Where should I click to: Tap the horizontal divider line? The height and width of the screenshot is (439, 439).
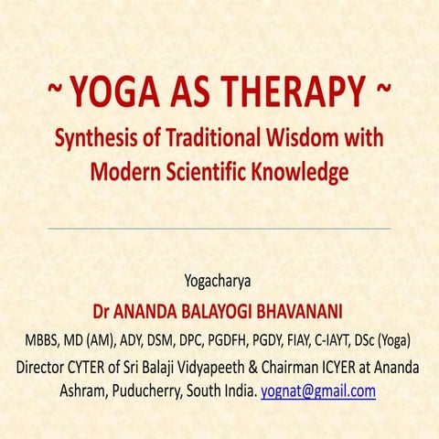pos(219,228)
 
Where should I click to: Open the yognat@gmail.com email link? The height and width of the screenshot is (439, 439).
pos(318,391)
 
